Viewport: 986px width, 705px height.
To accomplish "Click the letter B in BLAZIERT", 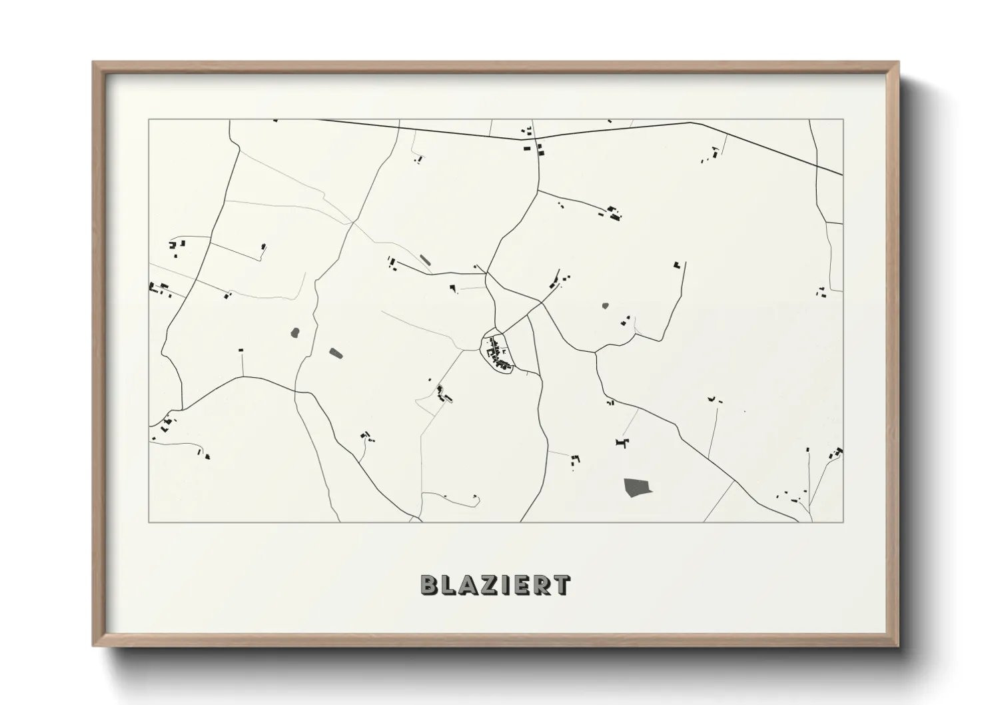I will click(x=428, y=584).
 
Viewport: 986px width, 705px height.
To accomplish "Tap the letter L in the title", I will click(x=448, y=584).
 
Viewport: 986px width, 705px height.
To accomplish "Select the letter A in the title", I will click(x=468, y=584).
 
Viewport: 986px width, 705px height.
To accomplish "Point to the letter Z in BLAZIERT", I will click(x=488, y=584).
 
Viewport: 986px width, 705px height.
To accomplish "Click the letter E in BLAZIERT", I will click(x=519, y=584).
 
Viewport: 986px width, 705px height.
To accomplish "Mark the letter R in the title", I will click(x=539, y=584).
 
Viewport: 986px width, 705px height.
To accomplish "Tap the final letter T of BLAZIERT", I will click(x=560, y=584).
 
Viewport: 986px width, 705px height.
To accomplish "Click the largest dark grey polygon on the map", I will click(x=637, y=488).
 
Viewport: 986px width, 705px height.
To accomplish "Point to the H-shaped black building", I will click(x=622, y=442).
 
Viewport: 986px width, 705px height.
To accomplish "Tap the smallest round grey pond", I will click(x=605, y=307).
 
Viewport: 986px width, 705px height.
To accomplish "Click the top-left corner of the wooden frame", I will click(x=93, y=63).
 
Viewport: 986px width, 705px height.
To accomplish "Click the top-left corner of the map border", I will click(x=149, y=120).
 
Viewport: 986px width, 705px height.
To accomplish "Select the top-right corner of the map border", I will click(x=843, y=120).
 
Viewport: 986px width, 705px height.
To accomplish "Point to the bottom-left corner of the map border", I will click(x=149, y=522).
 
